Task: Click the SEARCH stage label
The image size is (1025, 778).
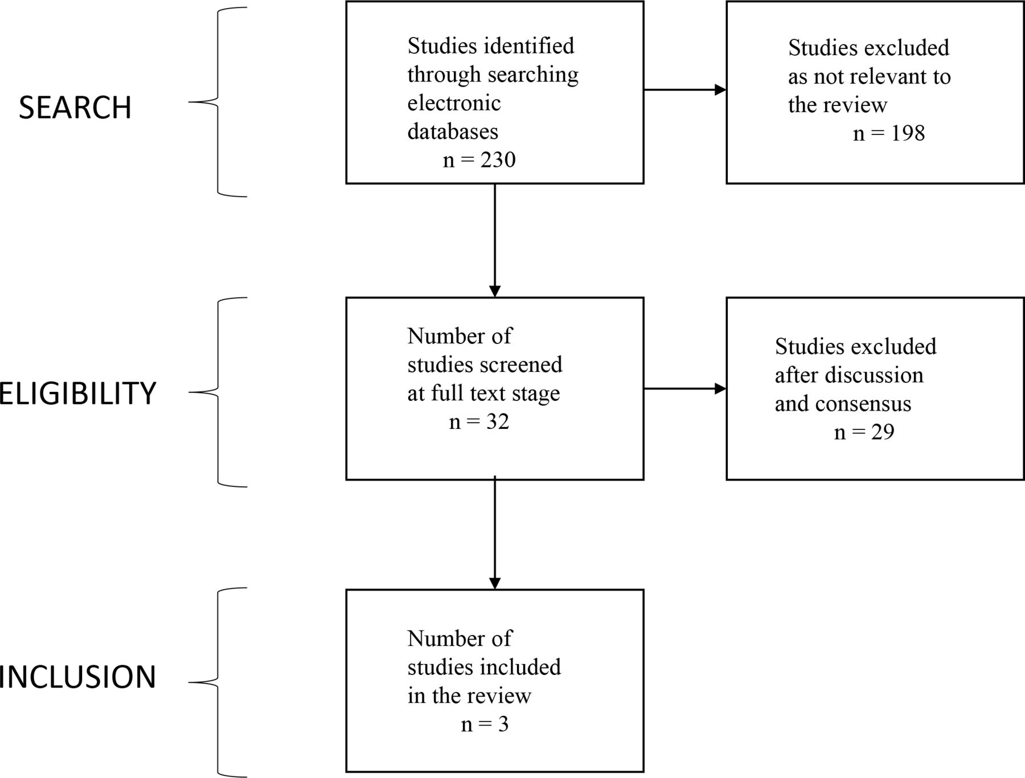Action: tap(75, 107)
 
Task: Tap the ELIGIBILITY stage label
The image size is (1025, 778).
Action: tap(77, 393)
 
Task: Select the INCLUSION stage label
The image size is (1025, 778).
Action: tap(77, 677)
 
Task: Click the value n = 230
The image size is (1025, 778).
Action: tap(479, 159)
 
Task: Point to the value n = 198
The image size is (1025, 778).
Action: tap(889, 133)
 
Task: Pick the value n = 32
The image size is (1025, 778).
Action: tap(479, 421)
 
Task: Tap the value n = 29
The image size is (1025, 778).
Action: tap(864, 432)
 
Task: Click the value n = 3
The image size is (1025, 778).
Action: tap(485, 724)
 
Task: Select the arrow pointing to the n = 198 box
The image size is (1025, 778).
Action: tap(685, 89)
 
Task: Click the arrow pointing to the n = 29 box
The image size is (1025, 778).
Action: tap(685, 389)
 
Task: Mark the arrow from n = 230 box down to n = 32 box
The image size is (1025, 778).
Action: tap(495, 240)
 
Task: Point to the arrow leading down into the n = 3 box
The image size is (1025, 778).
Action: tap(495, 533)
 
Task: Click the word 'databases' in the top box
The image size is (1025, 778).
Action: tap(453, 132)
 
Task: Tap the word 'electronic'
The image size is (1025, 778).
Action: tap(454, 103)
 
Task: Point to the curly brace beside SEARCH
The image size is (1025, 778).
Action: tap(218, 103)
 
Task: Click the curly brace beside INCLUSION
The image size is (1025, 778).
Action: tap(218, 682)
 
